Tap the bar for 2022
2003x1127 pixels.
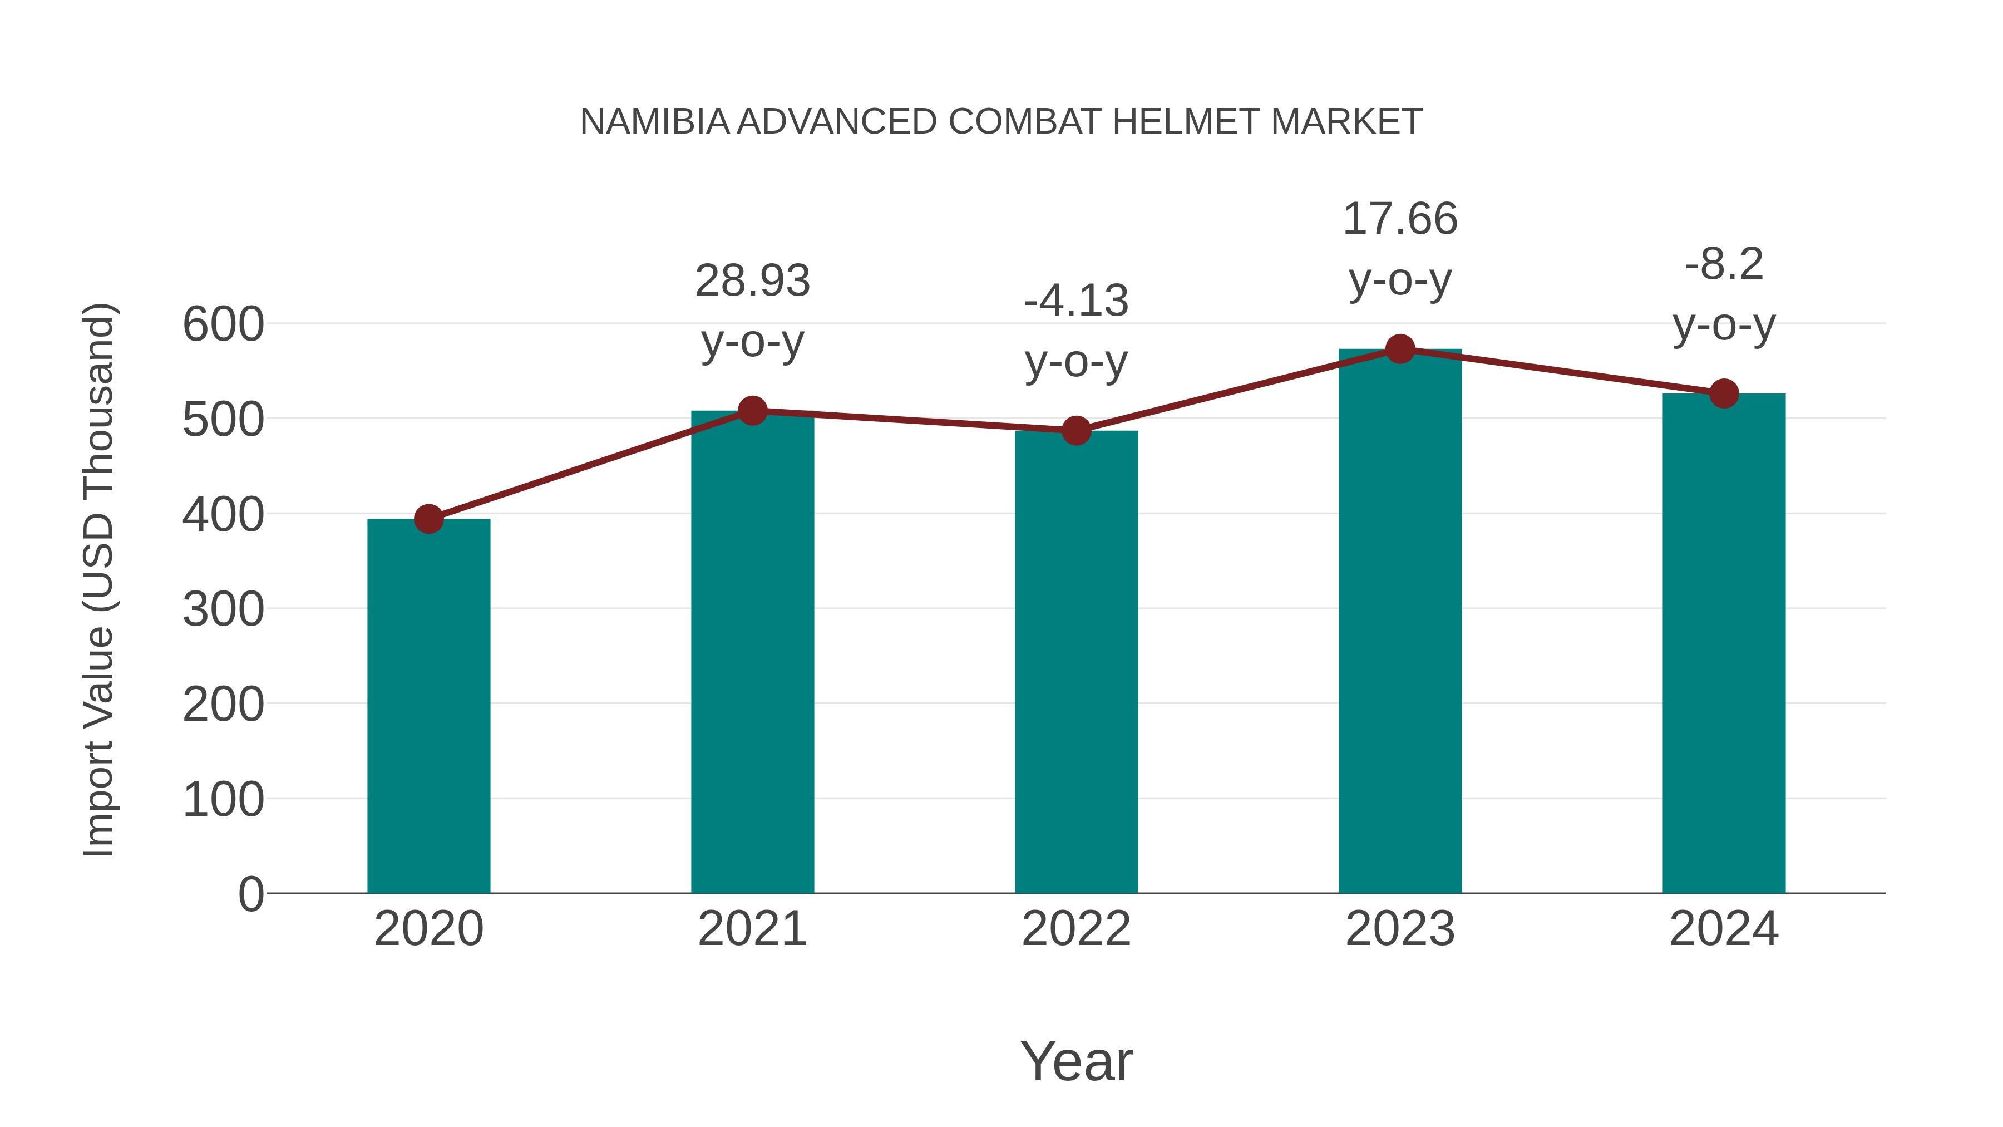[x=1076, y=661]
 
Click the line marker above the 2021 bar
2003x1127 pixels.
[x=752, y=411]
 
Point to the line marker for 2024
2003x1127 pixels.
[x=1724, y=393]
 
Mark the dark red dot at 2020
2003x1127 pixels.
[x=428, y=519]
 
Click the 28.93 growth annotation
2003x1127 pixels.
[x=752, y=281]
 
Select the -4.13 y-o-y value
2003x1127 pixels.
[x=1076, y=301]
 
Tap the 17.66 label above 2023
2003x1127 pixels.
[x=1400, y=219]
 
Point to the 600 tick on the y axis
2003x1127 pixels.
[x=223, y=324]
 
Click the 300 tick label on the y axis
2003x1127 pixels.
[x=223, y=610]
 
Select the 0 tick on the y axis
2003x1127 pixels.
[x=250, y=894]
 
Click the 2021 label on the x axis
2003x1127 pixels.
[x=752, y=929]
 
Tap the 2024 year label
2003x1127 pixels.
[x=1724, y=929]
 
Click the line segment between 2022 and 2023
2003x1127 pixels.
[x=1238, y=390]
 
